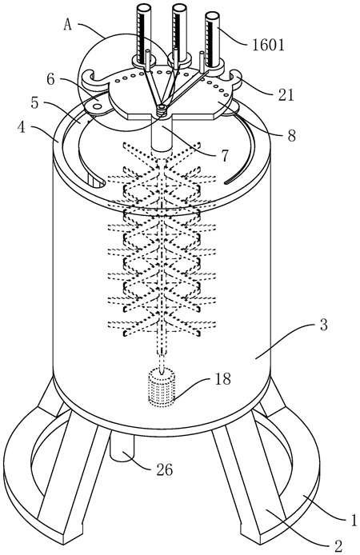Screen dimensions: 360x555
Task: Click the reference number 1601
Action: (x=268, y=46)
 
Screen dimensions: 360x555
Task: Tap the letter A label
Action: (x=69, y=25)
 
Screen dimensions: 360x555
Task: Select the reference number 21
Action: (x=286, y=94)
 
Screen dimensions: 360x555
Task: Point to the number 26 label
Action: (x=164, y=470)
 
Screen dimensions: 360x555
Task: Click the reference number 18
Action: (x=222, y=379)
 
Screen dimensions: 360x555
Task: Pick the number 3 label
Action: (x=323, y=325)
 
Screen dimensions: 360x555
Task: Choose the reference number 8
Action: (x=291, y=136)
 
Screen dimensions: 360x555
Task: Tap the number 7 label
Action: (x=225, y=155)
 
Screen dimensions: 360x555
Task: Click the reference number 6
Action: (x=51, y=79)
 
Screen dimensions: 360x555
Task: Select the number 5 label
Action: (x=34, y=103)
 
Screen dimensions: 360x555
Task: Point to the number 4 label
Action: (x=22, y=126)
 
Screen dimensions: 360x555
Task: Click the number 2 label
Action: (x=338, y=545)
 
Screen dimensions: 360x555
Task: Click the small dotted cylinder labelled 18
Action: (x=162, y=387)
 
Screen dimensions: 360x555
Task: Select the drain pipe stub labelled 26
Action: (x=122, y=447)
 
